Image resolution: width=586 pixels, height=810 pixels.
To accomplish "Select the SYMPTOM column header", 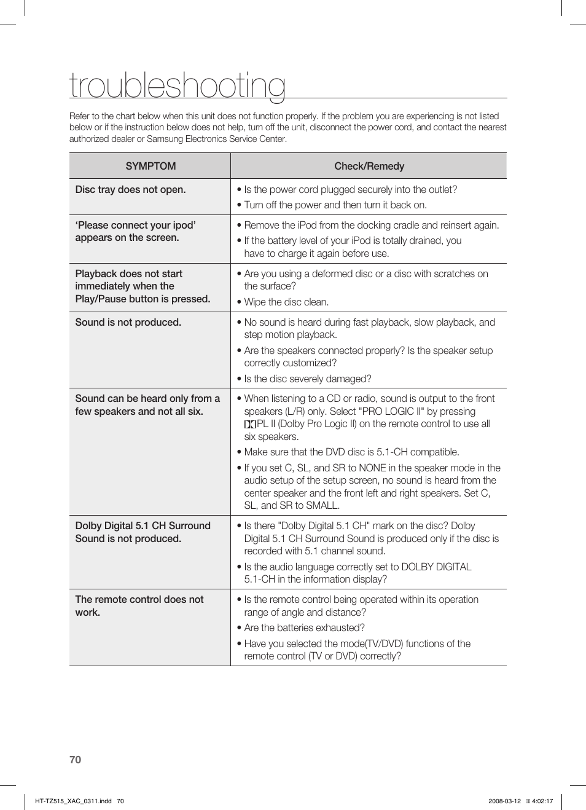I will (x=150, y=166).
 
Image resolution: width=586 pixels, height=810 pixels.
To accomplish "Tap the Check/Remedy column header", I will (x=369, y=166).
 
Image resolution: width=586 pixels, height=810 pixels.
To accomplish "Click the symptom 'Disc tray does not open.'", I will (x=130, y=189).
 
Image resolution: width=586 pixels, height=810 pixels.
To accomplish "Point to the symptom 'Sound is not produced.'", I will (x=128, y=322).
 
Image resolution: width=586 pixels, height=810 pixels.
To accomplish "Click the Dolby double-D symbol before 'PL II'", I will (x=250, y=424).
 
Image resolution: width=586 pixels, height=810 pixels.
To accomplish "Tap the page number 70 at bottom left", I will (x=75, y=760).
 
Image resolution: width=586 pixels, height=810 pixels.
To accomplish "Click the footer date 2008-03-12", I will (x=504, y=801).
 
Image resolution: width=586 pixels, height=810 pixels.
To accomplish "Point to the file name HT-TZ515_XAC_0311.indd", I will (x=74, y=801).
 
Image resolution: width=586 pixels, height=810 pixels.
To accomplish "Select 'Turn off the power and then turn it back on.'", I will (x=335, y=205).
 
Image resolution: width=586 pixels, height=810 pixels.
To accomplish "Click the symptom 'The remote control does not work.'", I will (x=139, y=605).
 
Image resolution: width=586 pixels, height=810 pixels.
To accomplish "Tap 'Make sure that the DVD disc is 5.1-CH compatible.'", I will (x=351, y=452).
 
